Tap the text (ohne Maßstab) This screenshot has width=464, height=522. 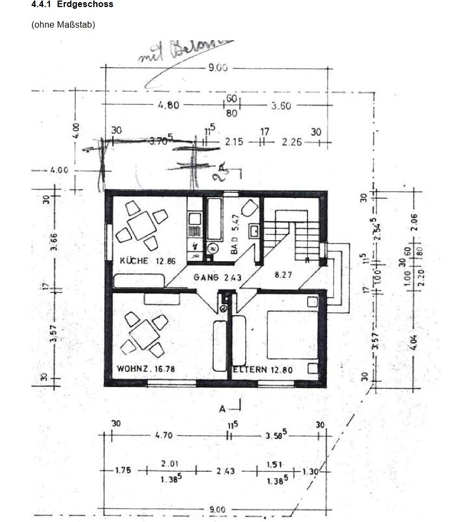[x=63, y=24]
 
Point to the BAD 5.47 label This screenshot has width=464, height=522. [x=234, y=242]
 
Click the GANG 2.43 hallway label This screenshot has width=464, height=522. [x=217, y=278]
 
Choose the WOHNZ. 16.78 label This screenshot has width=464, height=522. [x=145, y=369]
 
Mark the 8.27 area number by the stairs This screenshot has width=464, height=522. [x=282, y=275]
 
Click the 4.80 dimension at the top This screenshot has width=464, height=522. [x=168, y=105]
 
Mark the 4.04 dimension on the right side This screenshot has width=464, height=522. [x=414, y=343]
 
